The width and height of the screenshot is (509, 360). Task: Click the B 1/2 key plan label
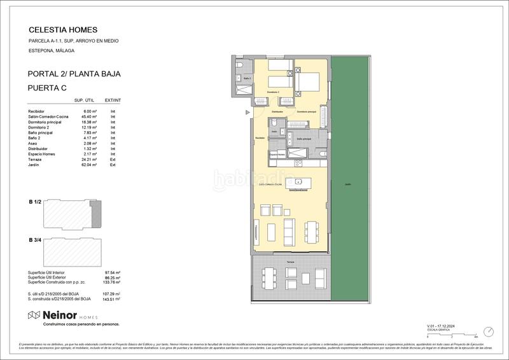click(35, 201)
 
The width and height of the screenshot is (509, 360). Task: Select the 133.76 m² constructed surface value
click(112, 282)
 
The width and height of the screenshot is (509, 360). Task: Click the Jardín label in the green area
click(347, 184)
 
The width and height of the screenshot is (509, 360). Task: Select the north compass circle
click(488, 332)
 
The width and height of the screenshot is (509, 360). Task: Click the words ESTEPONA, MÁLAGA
click(52, 50)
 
